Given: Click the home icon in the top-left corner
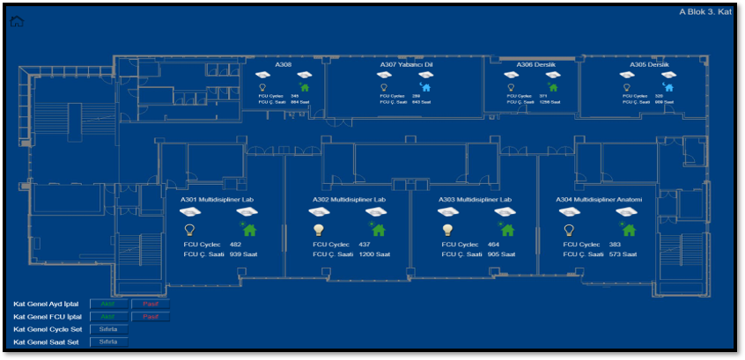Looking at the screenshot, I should (x=17, y=21).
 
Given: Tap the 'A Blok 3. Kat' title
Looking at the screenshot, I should (x=705, y=11).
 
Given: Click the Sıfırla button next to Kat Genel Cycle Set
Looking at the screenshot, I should (x=108, y=329).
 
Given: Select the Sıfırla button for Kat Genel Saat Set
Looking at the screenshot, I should (x=108, y=342).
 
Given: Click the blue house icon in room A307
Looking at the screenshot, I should (x=426, y=87).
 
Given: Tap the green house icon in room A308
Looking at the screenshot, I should (x=306, y=87).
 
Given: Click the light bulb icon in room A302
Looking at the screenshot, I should (x=319, y=230).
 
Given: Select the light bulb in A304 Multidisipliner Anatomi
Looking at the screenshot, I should (x=569, y=230).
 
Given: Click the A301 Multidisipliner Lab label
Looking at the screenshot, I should (x=217, y=200).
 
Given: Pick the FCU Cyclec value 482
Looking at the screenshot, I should (x=235, y=244).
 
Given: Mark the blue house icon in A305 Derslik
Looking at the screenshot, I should (x=668, y=87).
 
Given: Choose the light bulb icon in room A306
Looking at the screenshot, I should (x=510, y=87).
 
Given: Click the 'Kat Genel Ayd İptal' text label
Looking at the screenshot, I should (x=46, y=304).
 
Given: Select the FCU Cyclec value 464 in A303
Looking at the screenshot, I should (x=493, y=244).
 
